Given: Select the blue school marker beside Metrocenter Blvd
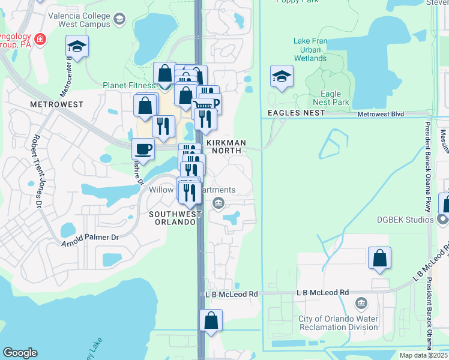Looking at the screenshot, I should [77, 47].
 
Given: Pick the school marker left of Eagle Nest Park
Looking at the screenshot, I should [282, 77].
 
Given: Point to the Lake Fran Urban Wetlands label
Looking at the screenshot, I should [310, 50].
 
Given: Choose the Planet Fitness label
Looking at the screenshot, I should [128, 85].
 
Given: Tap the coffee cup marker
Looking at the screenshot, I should [143, 148].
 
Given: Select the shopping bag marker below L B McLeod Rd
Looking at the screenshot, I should [211, 320].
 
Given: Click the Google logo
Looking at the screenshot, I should [20, 353].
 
